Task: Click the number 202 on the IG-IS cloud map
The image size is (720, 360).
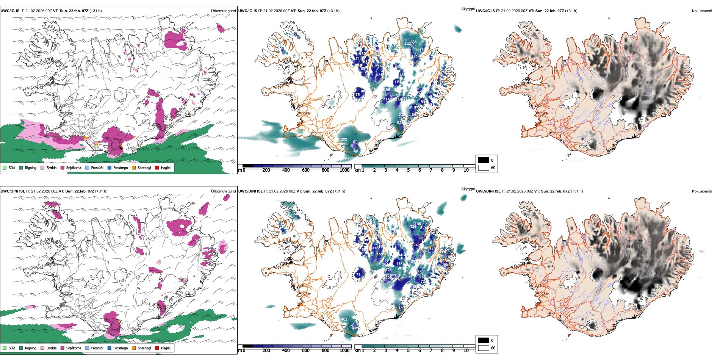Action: point(344,139)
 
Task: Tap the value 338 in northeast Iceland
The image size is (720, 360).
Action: point(413,42)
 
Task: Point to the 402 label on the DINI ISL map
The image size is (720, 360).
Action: point(344,319)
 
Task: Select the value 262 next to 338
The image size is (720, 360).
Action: point(407,44)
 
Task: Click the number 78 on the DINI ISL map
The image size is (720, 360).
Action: point(358,275)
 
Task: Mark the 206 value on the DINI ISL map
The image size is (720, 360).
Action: point(388,278)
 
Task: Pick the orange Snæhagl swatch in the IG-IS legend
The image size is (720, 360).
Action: point(134,167)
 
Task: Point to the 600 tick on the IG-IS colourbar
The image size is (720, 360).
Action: point(306,170)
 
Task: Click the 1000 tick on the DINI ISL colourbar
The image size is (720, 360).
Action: point(344,351)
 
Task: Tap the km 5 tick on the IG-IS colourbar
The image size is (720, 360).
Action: point(408,170)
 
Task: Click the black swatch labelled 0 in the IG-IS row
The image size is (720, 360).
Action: point(484,160)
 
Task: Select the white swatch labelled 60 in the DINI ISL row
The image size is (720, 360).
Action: point(484,348)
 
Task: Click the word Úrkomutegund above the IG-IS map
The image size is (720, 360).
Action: point(223,11)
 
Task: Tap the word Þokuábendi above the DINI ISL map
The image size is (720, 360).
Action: point(702,191)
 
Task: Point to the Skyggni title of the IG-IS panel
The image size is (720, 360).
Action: point(468,9)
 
